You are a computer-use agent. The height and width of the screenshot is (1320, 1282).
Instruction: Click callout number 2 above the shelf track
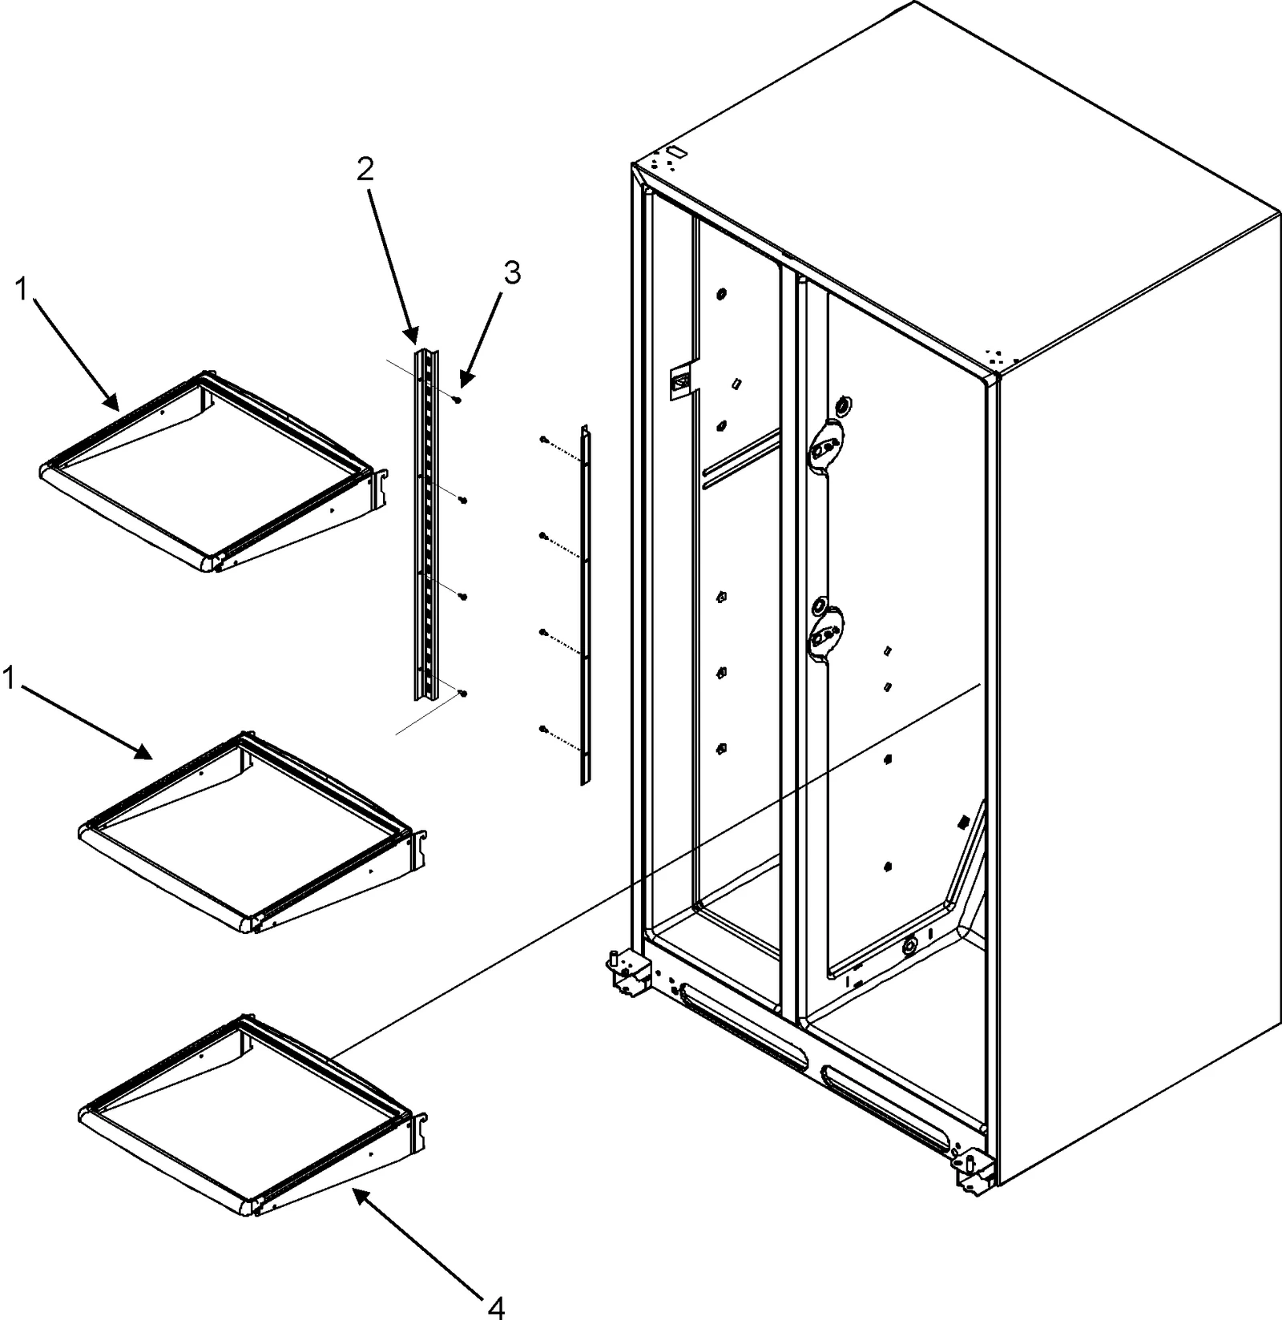pyautogui.click(x=365, y=169)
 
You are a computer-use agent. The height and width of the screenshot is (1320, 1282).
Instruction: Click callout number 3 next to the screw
pyautogui.click(x=512, y=273)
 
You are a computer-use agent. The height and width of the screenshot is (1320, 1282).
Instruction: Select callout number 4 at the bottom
pyautogui.click(x=496, y=1306)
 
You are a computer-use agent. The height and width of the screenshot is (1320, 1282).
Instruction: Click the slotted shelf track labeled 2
pyautogui.click(x=426, y=521)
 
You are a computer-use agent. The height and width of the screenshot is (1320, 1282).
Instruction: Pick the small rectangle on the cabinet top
pyautogui.click(x=675, y=151)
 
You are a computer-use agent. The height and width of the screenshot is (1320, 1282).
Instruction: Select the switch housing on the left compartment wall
pyautogui.click(x=682, y=383)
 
